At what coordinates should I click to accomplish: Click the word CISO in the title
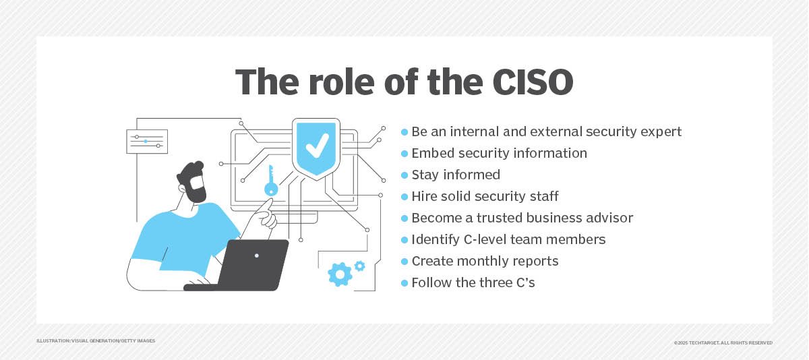click(x=533, y=82)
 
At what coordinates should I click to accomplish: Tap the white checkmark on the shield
click(x=317, y=145)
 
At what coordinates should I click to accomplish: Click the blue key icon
click(x=271, y=181)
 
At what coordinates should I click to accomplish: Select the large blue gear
click(x=340, y=274)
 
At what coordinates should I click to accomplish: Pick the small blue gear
click(x=360, y=266)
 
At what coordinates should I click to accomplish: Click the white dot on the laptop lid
click(x=256, y=256)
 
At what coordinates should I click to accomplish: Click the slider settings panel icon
click(x=147, y=142)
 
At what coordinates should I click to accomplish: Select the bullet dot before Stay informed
click(x=404, y=175)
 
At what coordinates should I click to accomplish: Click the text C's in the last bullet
click(x=526, y=282)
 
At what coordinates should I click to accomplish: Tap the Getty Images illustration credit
click(x=96, y=341)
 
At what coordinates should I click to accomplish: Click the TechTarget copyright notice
click(x=723, y=342)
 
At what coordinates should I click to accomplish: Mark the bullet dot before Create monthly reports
click(x=404, y=262)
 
